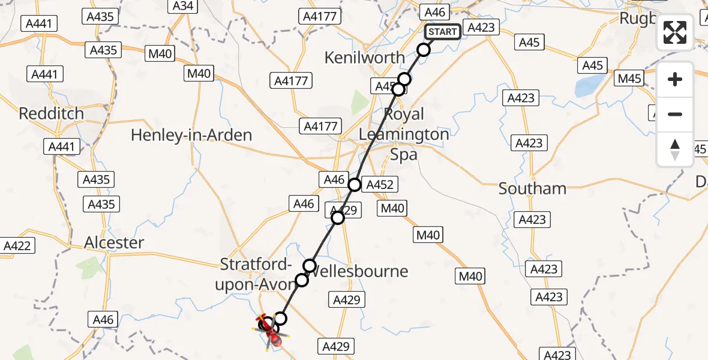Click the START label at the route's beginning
tap(442, 32)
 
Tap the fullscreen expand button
tap(675, 32)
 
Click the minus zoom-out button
tap(675, 114)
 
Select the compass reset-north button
tap(675, 149)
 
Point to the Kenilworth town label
tap(364, 58)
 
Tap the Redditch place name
tap(51, 113)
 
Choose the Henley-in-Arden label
tap(191, 135)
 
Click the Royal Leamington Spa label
tap(404, 134)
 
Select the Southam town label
tap(532, 188)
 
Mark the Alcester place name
tap(114, 242)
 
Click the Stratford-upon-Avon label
tap(257, 274)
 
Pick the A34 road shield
tap(182, 6)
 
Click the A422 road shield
tap(17, 245)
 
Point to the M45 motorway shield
tap(629, 79)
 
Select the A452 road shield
tap(380, 185)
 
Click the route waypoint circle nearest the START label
tap(424, 50)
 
